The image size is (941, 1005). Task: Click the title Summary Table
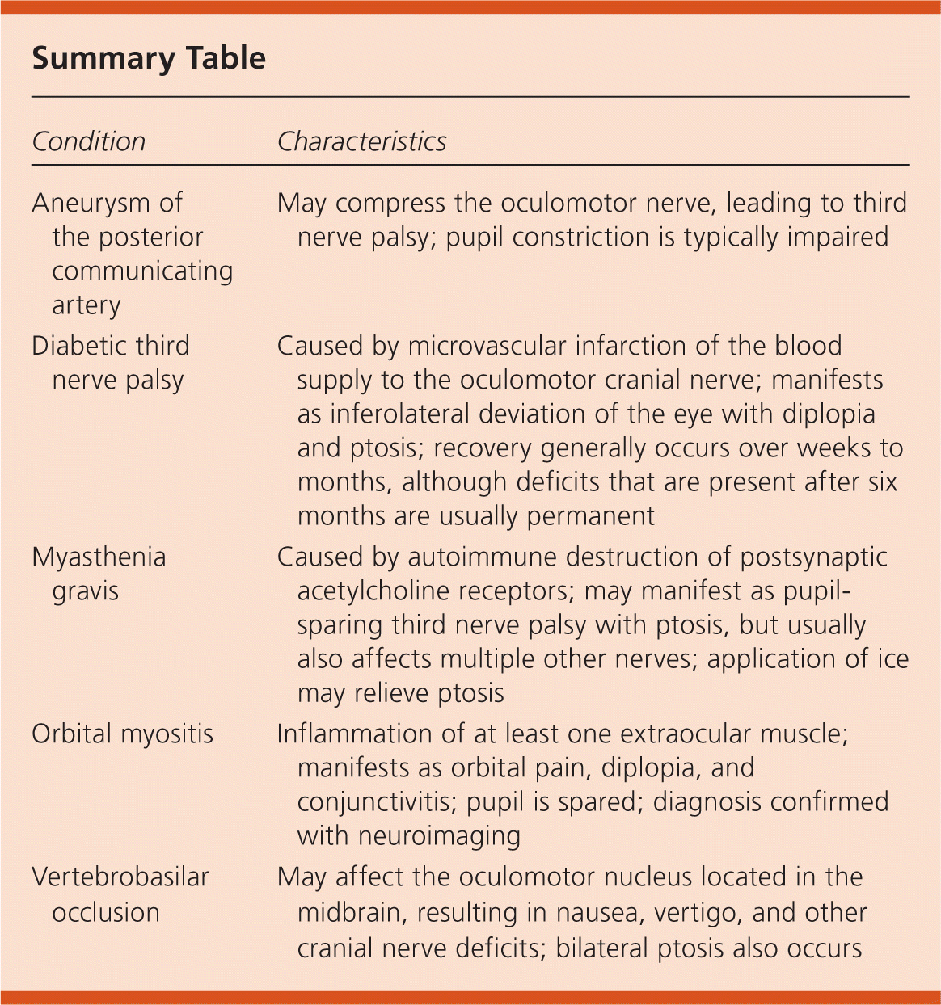149,59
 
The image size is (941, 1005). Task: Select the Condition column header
89,141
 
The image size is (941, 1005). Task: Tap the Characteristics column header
361,141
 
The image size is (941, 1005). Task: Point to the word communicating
142,271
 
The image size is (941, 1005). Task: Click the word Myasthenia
99,557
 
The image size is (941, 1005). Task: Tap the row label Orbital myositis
122,734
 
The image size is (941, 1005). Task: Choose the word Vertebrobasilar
120,877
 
